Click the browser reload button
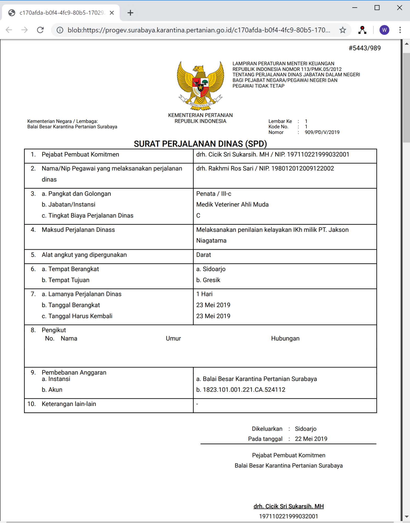click(40, 30)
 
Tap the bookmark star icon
click(343, 30)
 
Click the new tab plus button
click(130, 13)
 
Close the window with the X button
click(399, 8)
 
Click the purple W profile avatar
click(384, 30)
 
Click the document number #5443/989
click(365, 48)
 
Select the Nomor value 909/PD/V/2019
click(322, 132)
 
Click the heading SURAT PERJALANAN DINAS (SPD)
click(200, 144)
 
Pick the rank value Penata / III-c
click(214, 194)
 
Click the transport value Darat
click(203, 255)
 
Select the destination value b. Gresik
click(208, 280)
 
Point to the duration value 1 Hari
click(204, 294)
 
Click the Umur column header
click(173, 339)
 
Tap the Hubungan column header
click(285, 339)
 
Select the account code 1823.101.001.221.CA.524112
click(244, 390)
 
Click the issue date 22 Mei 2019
click(311, 439)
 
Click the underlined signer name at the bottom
click(288, 507)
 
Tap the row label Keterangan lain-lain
click(69, 404)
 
